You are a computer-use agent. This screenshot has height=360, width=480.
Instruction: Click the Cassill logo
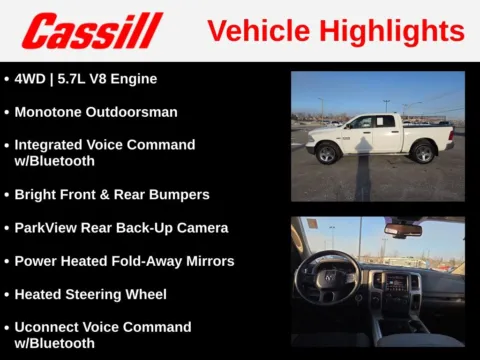[92, 31]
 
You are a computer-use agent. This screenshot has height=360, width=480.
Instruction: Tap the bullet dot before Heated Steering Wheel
[6, 295]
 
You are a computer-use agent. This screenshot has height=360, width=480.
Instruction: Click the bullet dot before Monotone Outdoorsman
[6, 112]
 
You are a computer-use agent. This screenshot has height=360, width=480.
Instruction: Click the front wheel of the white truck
[326, 153]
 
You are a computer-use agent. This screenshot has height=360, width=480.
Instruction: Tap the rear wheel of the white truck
[423, 153]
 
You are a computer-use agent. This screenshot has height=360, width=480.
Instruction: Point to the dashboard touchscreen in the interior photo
[397, 282]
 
